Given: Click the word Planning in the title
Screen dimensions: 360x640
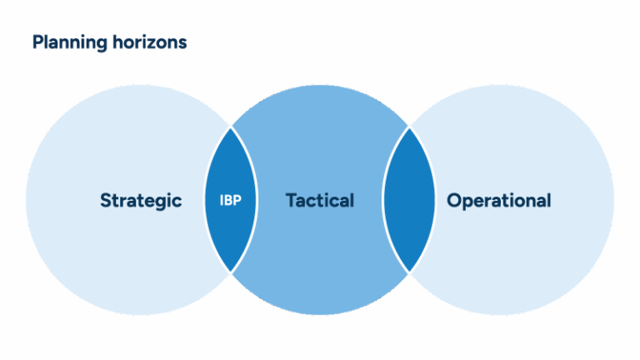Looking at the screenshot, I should (x=69, y=42).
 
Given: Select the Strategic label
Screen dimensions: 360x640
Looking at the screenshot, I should (x=141, y=201).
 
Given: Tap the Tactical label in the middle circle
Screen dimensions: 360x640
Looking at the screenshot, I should (x=320, y=201).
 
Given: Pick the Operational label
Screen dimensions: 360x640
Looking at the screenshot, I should (x=498, y=201).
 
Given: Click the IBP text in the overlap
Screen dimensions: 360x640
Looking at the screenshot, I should (x=231, y=201).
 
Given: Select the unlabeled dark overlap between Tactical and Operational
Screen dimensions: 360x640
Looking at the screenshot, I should (x=409, y=200).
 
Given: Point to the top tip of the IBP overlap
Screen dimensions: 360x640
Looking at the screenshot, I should (x=231, y=127).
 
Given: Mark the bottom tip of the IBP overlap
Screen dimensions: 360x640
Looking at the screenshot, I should (x=231, y=272).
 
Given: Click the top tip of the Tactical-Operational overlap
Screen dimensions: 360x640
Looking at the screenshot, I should (x=409, y=127).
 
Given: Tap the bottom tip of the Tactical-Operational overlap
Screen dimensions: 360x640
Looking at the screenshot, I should (x=409, y=272).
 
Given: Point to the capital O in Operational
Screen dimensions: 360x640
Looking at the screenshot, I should (x=454, y=201).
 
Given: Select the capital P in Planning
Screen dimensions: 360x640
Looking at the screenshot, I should (x=37, y=42).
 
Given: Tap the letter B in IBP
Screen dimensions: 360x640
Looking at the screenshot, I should (x=231, y=201).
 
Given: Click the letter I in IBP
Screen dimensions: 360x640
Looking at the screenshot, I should (x=222, y=201).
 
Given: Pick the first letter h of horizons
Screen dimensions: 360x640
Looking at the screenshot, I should (x=114, y=42).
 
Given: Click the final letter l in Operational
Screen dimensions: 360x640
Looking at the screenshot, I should (x=548, y=201).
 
